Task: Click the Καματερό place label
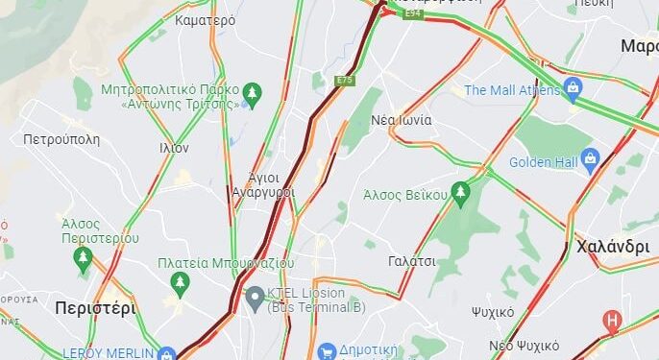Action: [x=206, y=19]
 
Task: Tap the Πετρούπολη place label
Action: [x=61, y=139]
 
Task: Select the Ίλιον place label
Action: [x=174, y=148]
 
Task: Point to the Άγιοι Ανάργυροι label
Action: [x=263, y=184]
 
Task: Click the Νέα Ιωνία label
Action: [x=402, y=120]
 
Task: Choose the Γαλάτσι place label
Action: [x=412, y=261]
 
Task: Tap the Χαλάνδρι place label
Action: [x=613, y=246]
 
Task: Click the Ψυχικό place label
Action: [x=493, y=312]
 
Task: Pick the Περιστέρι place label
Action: [x=95, y=308]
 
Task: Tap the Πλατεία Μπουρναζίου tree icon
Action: [x=179, y=281]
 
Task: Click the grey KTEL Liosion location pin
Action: [x=255, y=299]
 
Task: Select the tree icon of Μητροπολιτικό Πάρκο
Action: [x=252, y=93]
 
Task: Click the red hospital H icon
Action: [x=611, y=321]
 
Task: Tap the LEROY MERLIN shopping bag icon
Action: [x=167, y=353]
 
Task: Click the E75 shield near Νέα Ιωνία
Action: [x=345, y=81]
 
